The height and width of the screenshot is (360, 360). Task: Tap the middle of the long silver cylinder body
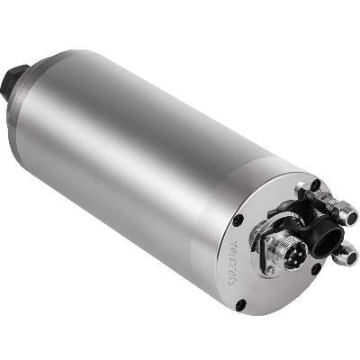[x=144, y=144]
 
